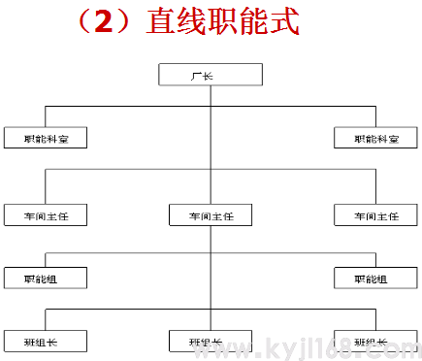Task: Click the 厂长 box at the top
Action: tap(210, 75)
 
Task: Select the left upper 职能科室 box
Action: tap(46, 139)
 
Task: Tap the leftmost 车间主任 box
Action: tap(46, 215)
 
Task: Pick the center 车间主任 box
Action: tap(210, 215)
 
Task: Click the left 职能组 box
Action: tap(46, 279)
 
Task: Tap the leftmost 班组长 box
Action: tap(46, 342)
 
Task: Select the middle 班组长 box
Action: tap(210, 342)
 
